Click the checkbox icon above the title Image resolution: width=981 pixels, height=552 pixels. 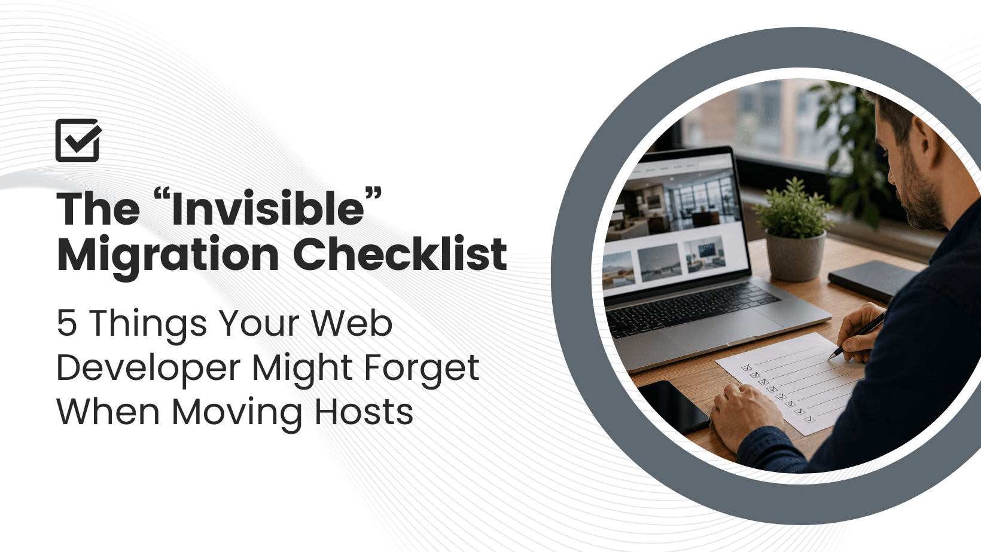78,140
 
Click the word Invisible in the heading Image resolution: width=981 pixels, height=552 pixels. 268,208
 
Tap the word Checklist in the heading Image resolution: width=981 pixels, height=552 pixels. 400,253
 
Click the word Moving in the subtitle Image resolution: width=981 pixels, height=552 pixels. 237,414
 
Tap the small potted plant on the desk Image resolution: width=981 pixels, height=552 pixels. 794,229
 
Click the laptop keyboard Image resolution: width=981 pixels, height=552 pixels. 692,306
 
